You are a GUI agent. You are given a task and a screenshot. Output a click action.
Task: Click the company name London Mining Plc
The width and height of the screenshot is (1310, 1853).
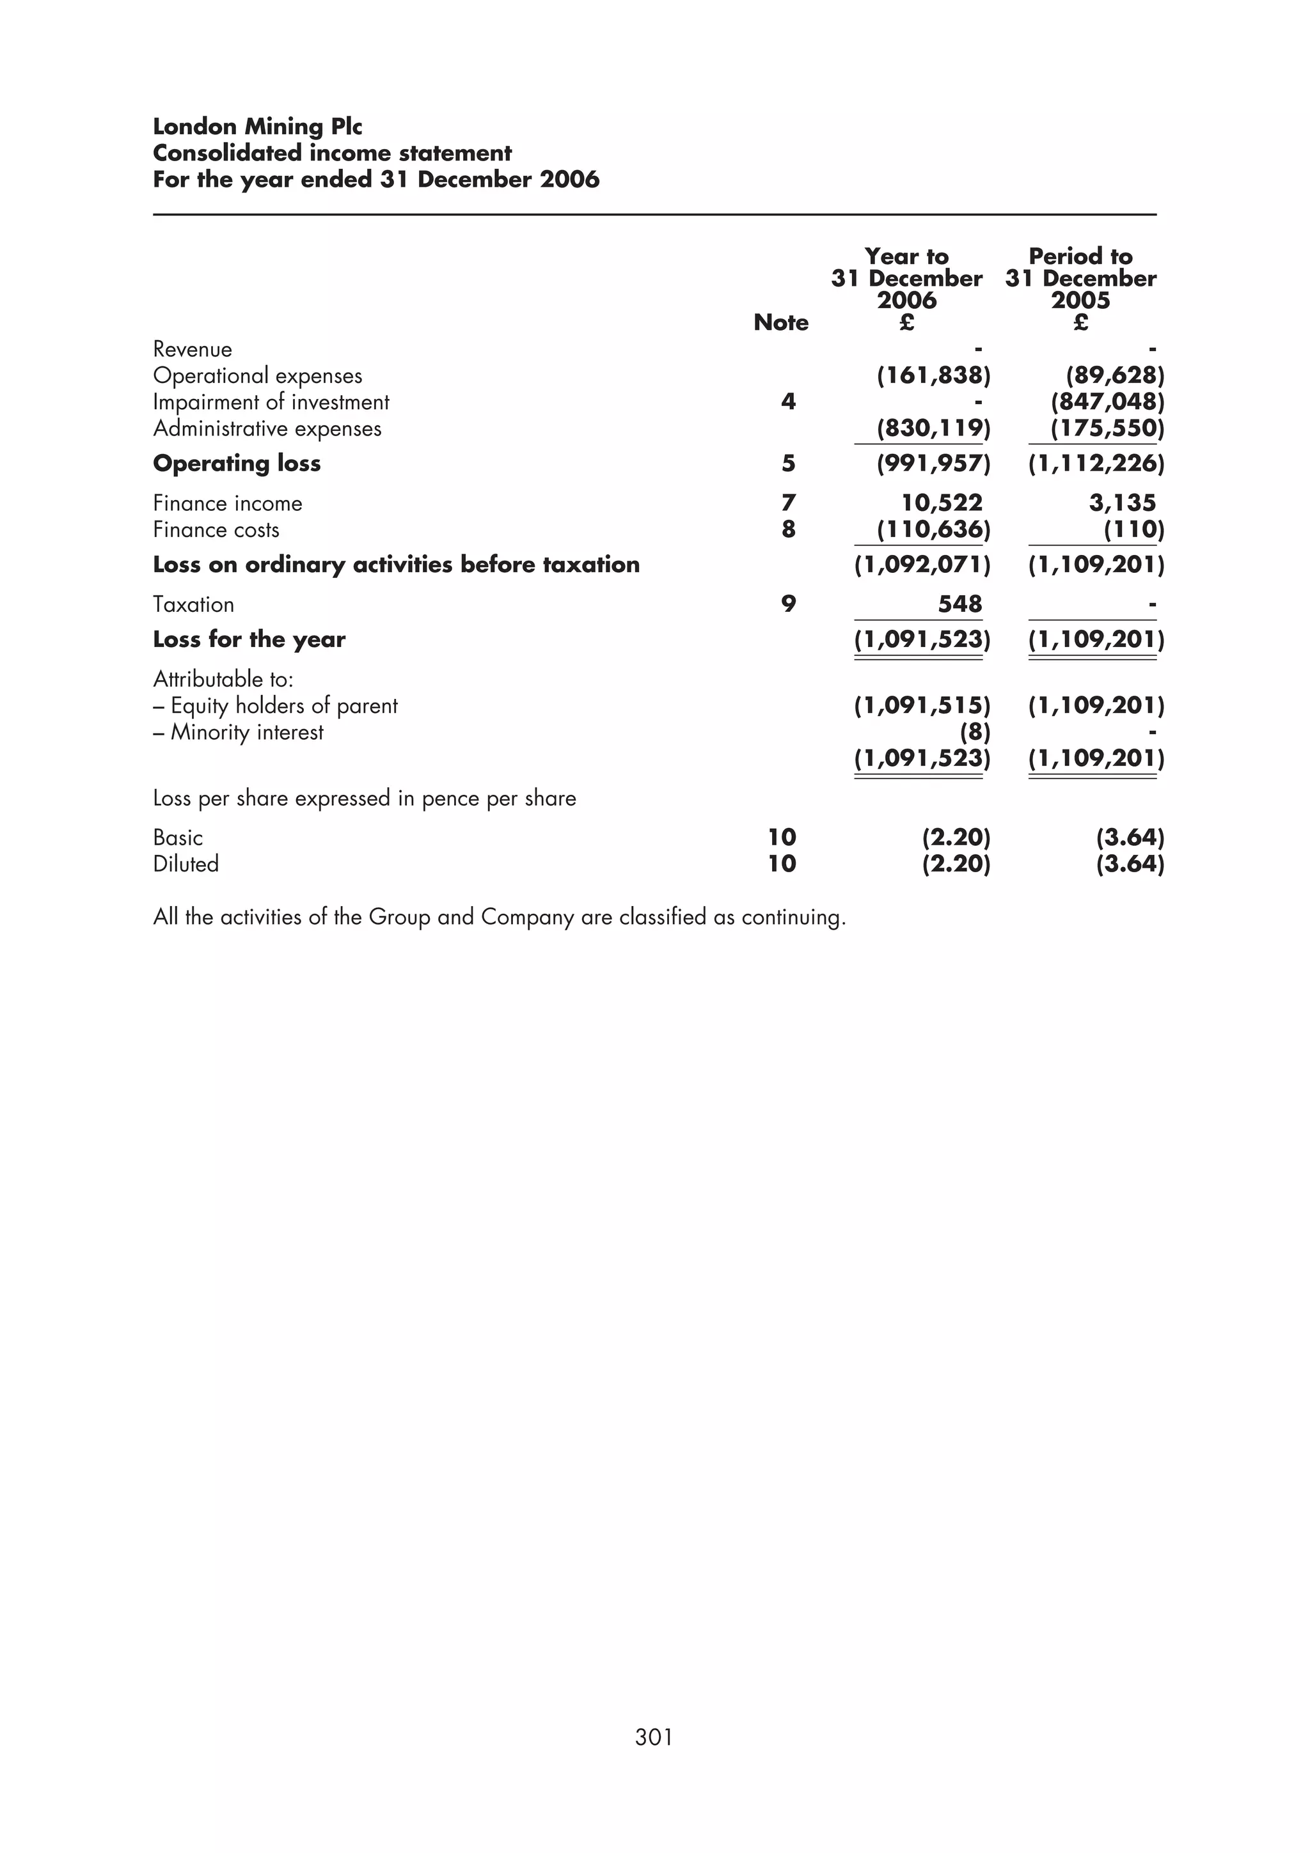tap(258, 127)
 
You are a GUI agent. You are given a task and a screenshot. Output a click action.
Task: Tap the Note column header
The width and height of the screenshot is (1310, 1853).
tap(780, 323)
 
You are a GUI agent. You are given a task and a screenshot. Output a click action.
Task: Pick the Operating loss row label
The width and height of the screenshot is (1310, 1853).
tap(237, 463)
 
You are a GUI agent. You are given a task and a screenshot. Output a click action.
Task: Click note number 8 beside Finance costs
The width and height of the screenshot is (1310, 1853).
tap(789, 529)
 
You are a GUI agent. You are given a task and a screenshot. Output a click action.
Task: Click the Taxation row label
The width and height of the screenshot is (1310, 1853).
tap(193, 604)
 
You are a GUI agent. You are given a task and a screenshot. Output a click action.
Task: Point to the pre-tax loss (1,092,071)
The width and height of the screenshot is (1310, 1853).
tap(922, 564)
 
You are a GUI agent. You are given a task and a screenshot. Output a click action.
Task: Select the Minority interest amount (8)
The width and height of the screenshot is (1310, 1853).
tap(974, 732)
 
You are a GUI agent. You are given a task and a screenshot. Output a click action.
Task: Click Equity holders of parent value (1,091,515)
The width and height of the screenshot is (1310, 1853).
tap(922, 705)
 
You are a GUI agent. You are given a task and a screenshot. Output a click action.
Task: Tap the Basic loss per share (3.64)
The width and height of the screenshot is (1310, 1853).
tap(1129, 838)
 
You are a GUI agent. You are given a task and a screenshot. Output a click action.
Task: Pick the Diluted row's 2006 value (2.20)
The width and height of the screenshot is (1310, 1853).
tap(956, 864)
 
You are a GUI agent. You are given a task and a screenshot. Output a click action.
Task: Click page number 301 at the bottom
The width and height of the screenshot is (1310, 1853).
tap(654, 1760)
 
